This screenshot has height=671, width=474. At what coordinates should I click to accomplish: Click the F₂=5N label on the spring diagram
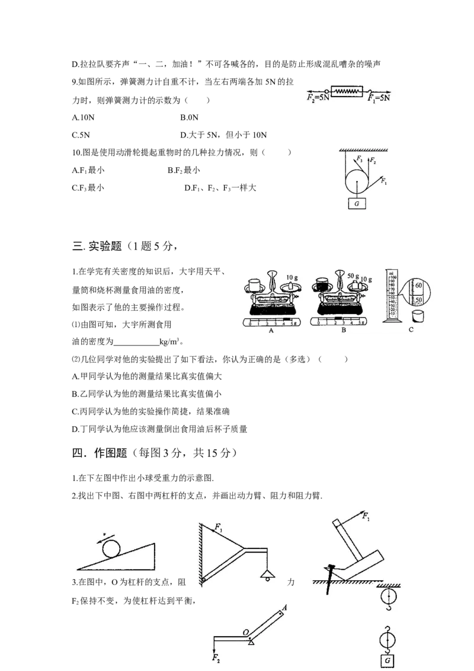click(x=318, y=98)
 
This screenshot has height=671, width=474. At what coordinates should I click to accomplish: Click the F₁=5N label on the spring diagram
click(x=379, y=98)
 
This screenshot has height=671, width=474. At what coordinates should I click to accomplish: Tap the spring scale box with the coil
click(x=347, y=91)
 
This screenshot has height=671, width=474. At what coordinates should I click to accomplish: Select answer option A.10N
click(x=84, y=118)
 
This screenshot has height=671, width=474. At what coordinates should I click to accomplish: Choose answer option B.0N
click(x=189, y=118)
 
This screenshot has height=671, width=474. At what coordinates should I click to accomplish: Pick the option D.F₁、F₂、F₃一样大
click(x=220, y=188)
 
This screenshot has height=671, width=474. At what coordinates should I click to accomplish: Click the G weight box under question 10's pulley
click(x=357, y=204)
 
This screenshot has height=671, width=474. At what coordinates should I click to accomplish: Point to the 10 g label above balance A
click(x=292, y=278)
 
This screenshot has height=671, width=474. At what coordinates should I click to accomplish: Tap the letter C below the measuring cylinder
click(x=411, y=330)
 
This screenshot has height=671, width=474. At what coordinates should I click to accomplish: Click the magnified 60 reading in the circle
click(x=418, y=286)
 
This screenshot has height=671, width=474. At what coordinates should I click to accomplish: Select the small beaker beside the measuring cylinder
click(x=418, y=317)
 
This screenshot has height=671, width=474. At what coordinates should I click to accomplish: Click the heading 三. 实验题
click(x=97, y=246)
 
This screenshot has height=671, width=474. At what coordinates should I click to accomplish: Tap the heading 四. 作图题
click(x=100, y=453)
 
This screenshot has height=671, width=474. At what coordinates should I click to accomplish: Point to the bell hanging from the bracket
click(x=267, y=575)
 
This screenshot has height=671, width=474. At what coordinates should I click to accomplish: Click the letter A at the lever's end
click(x=284, y=608)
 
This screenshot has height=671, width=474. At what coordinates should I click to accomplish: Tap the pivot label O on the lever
click(x=245, y=632)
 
